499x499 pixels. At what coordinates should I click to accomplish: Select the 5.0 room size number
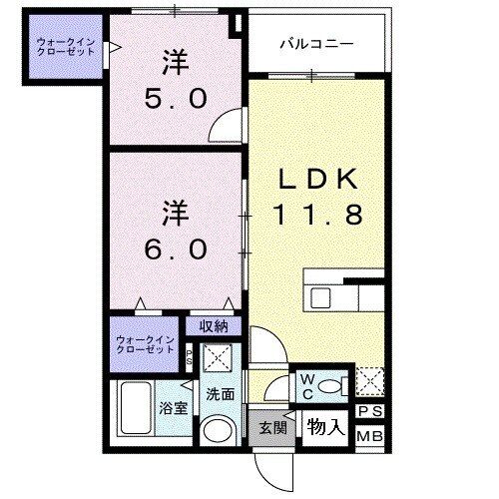[176, 98]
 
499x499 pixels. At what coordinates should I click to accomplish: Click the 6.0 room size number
[176, 245]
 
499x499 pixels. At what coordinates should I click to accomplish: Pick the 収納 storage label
[212, 326]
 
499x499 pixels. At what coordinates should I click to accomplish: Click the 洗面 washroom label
[220, 394]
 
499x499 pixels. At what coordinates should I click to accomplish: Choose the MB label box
[369, 436]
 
